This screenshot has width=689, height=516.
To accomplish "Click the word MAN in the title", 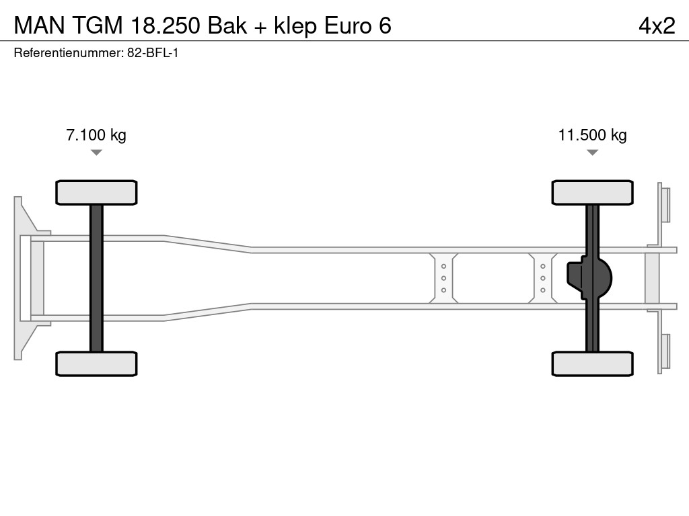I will click(40, 26).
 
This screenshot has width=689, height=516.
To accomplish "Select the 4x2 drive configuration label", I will click(657, 26).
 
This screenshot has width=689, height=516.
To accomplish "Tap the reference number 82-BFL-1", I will click(153, 53).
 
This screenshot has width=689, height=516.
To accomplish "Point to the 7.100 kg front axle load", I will click(96, 135).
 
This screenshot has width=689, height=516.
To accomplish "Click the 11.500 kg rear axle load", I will click(592, 135).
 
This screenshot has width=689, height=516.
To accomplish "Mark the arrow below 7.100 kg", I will click(96, 153).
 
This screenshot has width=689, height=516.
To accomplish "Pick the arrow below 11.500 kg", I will click(592, 153).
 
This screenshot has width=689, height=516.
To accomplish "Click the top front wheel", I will click(96, 192).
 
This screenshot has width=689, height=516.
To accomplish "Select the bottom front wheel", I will click(96, 363).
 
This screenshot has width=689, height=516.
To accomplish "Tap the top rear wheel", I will click(592, 192).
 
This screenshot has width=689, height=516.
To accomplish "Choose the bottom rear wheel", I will click(592, 363).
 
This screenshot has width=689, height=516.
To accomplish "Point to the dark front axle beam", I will click(96, 278).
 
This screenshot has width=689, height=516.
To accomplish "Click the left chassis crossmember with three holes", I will click(443, 278).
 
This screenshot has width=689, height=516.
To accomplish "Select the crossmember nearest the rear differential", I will click(542, 278).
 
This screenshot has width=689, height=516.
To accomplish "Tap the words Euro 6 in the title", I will click(357, 26).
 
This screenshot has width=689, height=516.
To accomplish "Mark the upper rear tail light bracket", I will click(665, 204).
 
